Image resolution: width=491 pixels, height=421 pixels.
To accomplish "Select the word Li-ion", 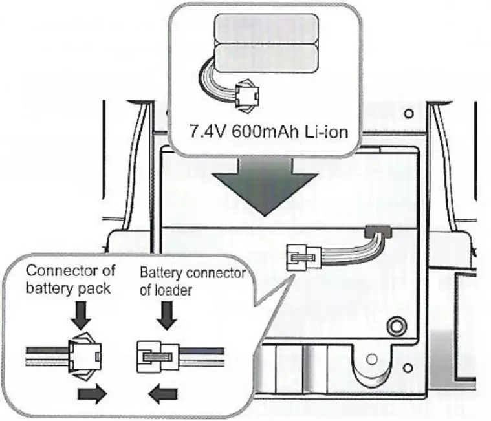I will [326, 133].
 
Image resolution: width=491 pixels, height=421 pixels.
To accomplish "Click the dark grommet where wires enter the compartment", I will [378, 231].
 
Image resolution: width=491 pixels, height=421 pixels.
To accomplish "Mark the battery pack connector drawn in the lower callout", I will [85, 356].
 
